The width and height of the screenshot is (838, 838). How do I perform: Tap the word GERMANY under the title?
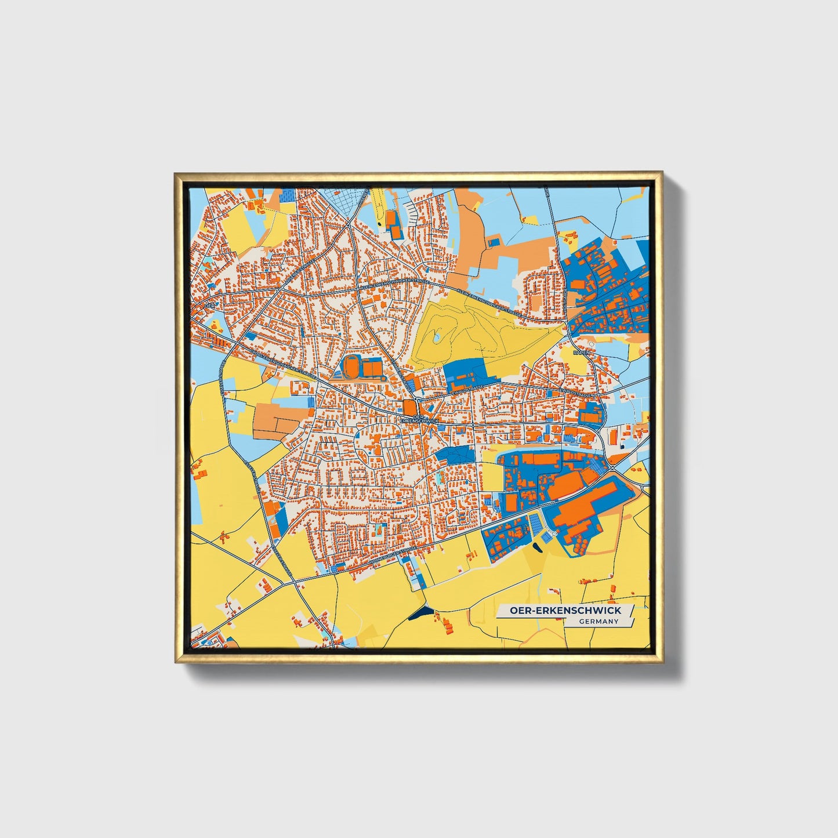pyautogui.click(x=598, y=622)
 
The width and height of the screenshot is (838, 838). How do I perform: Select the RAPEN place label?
pyautogui.click(x=581, y=352)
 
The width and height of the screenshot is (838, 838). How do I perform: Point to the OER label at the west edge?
pyautogui.click(x=209, y=305)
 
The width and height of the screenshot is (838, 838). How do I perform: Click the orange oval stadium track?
pyautogui.click(x=351, y=367)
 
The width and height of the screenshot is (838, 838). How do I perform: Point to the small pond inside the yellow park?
pyautogui.click(x=436, y=336)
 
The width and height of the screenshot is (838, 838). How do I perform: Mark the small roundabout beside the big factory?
pyautogui.click(x=554, y=532)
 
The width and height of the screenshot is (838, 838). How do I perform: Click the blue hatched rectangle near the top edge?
pyautogui.click(x=287, y=197)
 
